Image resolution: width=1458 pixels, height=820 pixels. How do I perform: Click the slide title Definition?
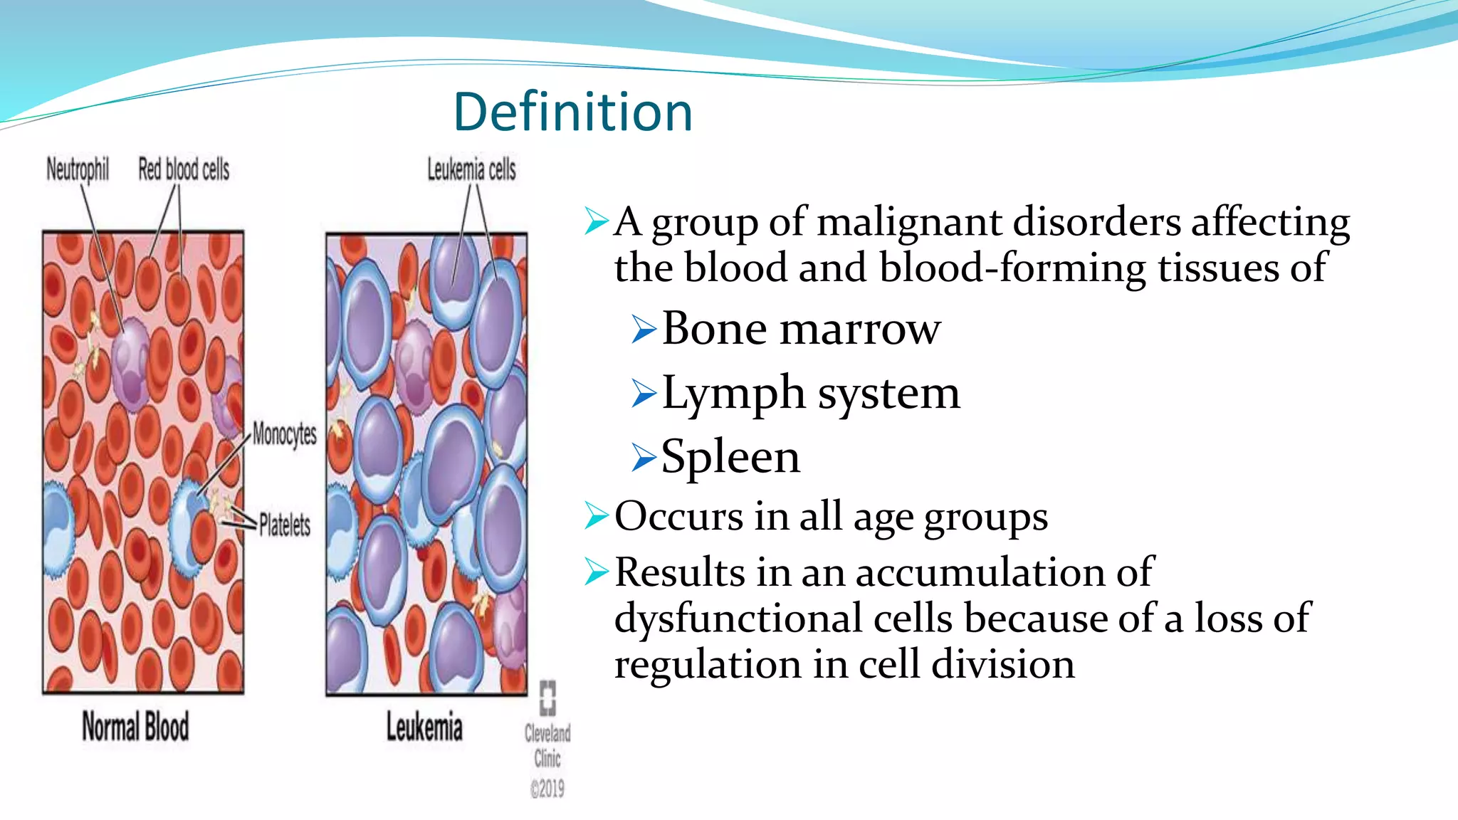tap(573, 112)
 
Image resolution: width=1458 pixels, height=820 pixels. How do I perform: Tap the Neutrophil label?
tap(78, 169)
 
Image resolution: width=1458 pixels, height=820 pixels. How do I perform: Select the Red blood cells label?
tap(184, 169)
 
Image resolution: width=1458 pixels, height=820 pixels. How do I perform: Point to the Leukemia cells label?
tap(471, 169)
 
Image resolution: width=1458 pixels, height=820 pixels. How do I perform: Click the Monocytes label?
tap(284, 433)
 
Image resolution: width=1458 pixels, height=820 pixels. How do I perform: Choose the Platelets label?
tap(284, 525)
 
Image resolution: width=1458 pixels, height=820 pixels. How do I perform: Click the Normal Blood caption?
tap(135, 727)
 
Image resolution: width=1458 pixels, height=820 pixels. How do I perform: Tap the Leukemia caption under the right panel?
tap(424, 727)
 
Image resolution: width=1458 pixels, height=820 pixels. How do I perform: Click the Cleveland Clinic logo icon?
tap(547, 698)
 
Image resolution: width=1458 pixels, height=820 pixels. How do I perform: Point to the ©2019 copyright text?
tap(547, 789)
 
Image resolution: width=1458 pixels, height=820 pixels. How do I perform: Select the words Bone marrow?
tap(801, 329)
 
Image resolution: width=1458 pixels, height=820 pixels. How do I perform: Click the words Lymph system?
tap(810, 393)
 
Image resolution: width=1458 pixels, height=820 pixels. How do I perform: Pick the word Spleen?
tap(730, 457)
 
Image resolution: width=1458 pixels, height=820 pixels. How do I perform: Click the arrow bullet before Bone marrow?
tap(643, 330)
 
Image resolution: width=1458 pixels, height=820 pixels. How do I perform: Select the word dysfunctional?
tap(739, 618)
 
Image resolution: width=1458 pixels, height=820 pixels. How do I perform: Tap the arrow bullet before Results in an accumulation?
tap(596, 572)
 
